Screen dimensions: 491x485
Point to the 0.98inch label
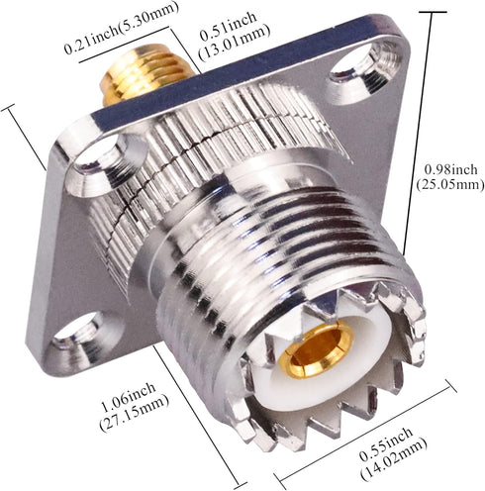click(444, 168)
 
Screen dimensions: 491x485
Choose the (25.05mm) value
click(446, 185)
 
